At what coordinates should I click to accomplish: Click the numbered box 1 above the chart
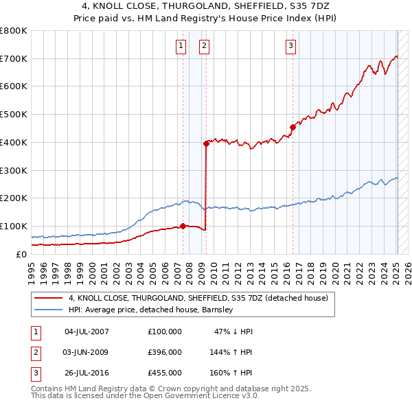(181, 46)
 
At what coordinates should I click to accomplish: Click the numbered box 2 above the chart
(205, 46)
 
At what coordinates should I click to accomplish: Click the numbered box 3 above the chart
(290, 46)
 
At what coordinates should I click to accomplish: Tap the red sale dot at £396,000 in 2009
(206, 143)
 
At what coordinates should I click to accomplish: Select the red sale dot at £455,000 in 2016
(293, 127)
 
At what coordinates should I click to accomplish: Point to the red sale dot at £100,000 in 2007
(183, 226)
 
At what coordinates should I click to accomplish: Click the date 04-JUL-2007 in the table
(87, 332)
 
